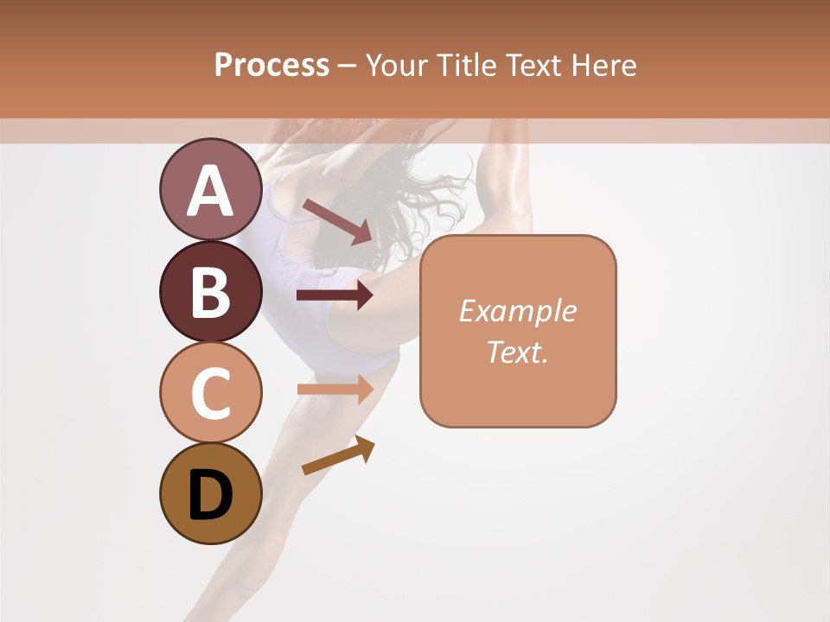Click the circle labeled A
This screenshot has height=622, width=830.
[x=210, y=189]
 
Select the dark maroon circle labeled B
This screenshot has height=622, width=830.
[x=210, y=291]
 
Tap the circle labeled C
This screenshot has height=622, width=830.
[x=210, y=392]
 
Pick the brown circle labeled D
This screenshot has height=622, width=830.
[x=210, y=494]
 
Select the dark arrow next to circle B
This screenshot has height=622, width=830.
[x=335, y=295]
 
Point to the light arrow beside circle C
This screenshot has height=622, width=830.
[x=335, y=389]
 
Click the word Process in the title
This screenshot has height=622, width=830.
[x=271, y=65]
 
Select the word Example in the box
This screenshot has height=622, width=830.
[x=517, y=311]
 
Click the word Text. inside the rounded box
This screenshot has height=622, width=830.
[x=517, y=352]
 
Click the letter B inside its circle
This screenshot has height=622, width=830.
[x=210, y=291]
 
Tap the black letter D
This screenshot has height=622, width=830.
[x=210, y=495]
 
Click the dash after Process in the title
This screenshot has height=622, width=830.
[x=348, y=67]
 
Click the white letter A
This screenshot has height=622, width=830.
[x=210, y=190]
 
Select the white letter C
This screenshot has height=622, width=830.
[x=210, y=393]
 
